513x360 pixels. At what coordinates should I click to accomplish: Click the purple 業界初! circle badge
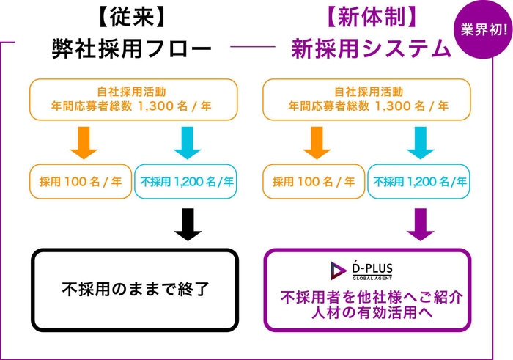[481, 31]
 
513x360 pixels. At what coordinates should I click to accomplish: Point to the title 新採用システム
[371, 48]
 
